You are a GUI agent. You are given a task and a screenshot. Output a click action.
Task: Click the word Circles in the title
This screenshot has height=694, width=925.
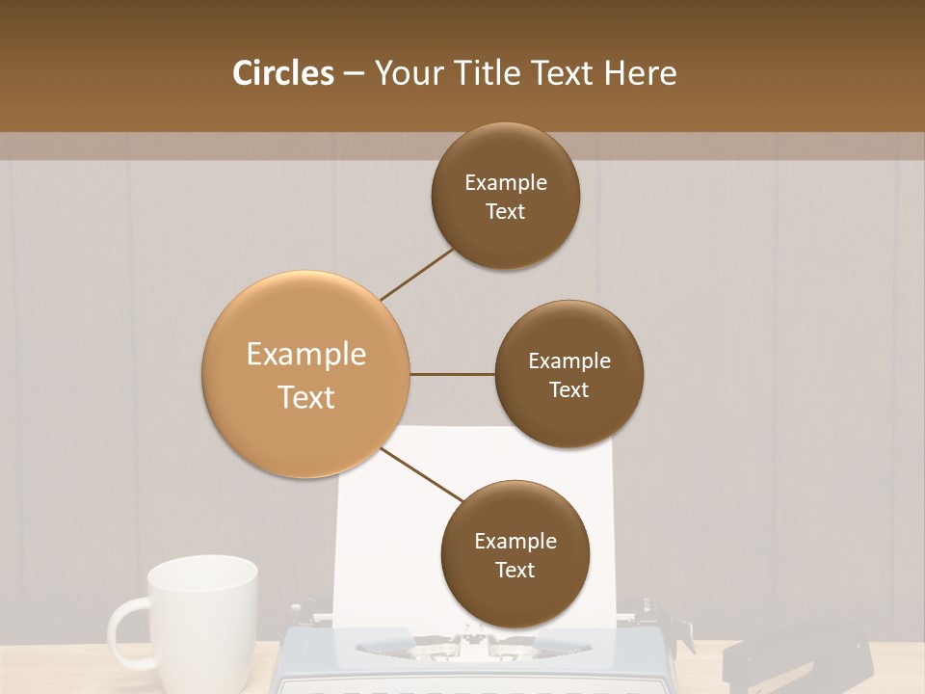[x=282, y=73]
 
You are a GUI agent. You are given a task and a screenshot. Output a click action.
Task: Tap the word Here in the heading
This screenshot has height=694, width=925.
[x=640, y=73]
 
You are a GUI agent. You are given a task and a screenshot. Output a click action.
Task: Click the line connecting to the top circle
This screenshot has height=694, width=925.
[x=418, y=274]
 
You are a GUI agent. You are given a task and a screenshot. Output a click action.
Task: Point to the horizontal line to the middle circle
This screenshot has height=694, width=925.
[x=452, y=374]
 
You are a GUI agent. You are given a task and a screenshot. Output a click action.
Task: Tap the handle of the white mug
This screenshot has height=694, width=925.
[x=123, y=631]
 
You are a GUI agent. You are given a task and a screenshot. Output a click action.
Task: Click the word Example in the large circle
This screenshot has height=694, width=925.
[x=306, y=355]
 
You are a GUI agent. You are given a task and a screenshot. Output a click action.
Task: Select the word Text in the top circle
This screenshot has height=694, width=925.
[x=505, y=212]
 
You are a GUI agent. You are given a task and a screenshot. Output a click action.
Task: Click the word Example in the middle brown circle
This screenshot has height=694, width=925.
[x=568, y=361]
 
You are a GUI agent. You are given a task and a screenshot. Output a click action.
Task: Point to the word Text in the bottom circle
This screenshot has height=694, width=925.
[x=515, y=571]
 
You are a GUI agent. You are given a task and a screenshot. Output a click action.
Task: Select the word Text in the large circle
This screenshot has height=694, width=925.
[x=306, y=397]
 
